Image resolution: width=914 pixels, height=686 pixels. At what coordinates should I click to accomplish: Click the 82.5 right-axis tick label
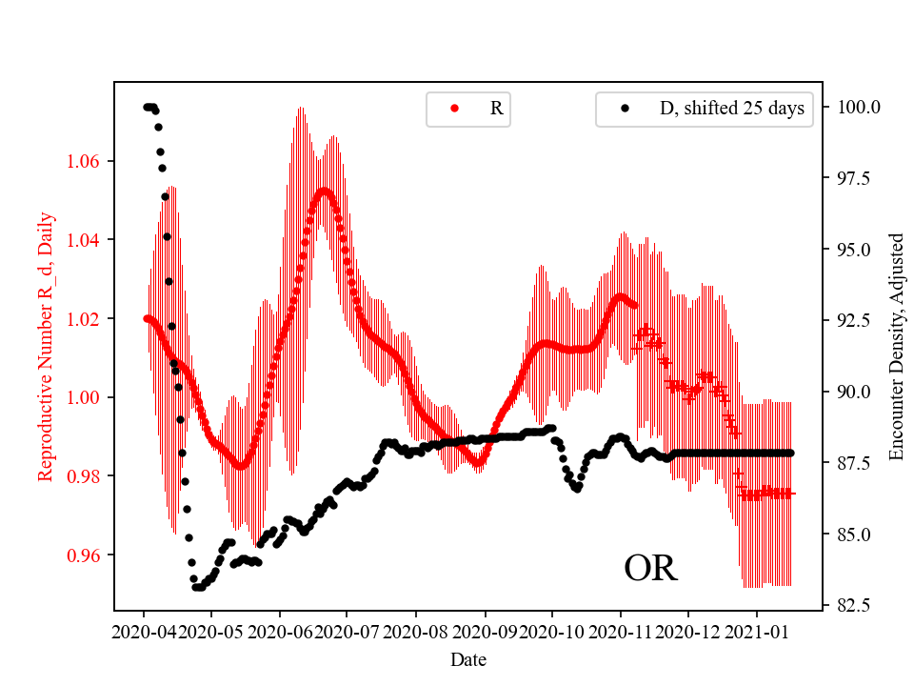tap(852, 605)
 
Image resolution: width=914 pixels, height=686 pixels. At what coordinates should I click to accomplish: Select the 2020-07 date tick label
tap(348, 631)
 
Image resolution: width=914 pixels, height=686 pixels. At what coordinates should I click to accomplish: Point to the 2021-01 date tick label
tap(757, 631)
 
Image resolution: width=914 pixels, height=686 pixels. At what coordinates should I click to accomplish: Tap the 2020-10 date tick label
tap(552, 631)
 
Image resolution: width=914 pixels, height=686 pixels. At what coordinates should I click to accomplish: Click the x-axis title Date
tap(467, 658)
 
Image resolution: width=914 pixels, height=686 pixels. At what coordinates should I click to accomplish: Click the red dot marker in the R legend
tap(454, 109)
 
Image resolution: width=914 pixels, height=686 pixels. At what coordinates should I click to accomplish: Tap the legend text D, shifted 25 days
tap(731, 109)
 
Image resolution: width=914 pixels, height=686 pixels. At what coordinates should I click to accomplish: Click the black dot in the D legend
tap(625, 109)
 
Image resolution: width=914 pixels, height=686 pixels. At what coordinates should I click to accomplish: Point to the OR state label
tap(650, 569)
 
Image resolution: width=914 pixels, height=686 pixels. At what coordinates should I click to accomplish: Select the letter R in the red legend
tap(496, 109)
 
